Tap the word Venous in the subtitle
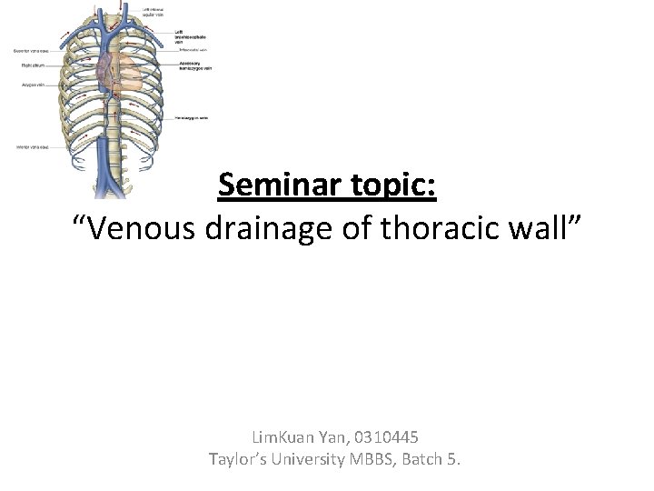135,231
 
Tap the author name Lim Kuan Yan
292,437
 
